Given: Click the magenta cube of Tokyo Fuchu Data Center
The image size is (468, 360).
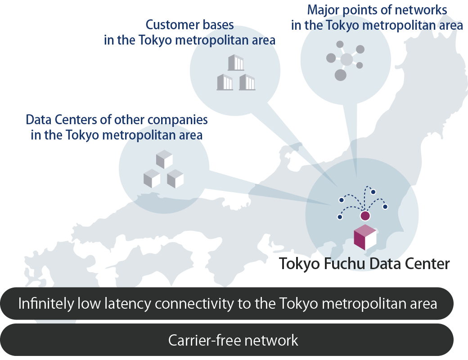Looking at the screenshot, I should (x=364, y=238).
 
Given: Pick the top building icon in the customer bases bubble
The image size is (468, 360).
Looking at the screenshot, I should (x=235, y=63).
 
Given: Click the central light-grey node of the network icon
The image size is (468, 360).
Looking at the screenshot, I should (x=346, y=59).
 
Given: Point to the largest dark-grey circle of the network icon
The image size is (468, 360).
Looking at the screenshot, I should (x=341, y=75).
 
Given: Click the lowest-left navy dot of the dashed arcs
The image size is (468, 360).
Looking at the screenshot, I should (x=339, y=217).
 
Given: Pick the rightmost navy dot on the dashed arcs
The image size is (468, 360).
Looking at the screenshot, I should (x=385, y=207).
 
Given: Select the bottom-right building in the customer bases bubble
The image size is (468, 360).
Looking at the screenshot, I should (x=247, y=82).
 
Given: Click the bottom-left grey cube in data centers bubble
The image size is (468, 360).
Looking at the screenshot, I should (x=152, y=179).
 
